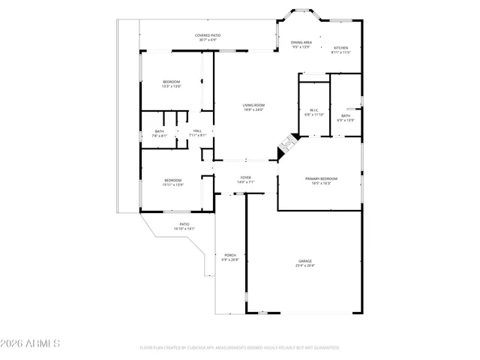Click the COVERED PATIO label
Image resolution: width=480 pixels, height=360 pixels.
click(x=208, y=35)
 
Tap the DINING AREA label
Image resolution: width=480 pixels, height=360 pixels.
click(x=301, y=43)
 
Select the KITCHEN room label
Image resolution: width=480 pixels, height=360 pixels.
click(x=341, y=48)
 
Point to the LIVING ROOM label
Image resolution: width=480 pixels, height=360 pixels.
click(x=253, y=105)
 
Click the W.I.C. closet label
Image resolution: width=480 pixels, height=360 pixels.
click(x=313, y=110)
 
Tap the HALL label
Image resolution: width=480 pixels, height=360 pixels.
click(x=197, y=131)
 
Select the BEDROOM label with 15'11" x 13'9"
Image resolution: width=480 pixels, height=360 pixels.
click(x=173, y=180)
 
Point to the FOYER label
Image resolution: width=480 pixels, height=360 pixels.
click(x=245, y=178)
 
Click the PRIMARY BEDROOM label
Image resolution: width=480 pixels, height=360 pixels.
click(x=321, y=178)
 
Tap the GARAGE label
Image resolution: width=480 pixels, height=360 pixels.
click(x=305, y=261)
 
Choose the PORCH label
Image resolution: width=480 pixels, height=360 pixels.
click(x=230, y=255)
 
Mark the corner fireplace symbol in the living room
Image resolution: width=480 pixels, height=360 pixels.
click(x=287, y=145)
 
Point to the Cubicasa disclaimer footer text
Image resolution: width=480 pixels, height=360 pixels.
click(x=239, y=347)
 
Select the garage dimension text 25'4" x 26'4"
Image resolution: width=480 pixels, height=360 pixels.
click(x=305, y=265)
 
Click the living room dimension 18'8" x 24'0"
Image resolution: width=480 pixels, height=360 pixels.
click(x=253, y=109)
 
